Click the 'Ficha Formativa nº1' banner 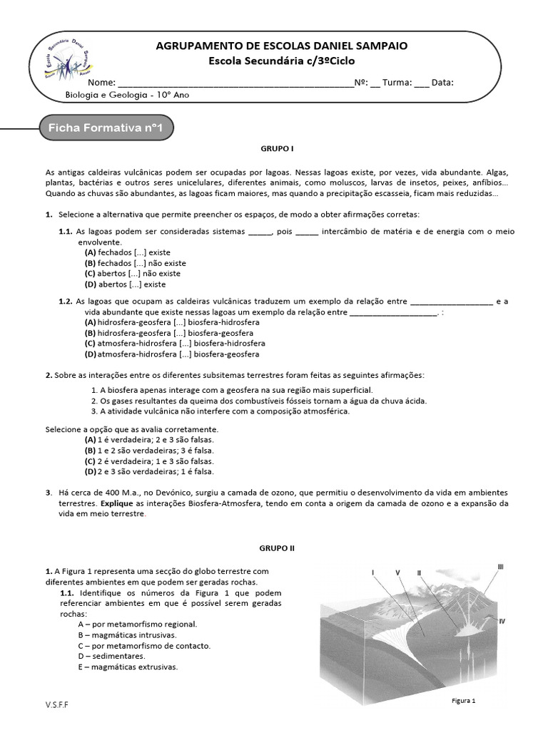pos(105,128)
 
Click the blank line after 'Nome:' pos(235,83)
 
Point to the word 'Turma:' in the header pos(397,83)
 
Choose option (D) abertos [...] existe pos(125,284)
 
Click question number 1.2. pos(66,302)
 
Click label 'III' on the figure pos(500,567)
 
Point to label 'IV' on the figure pos(502,622)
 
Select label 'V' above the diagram pos(397,572)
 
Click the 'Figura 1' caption pos(463,701)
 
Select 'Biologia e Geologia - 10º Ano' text pos(127,94)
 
